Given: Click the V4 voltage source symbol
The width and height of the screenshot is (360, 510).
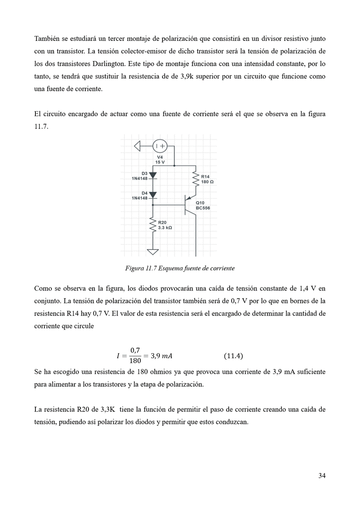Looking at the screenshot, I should pos(160,146).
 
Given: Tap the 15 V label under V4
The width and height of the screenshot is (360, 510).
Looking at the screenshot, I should pos(160,162).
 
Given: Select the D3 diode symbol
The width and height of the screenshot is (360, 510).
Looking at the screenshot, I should pos(153,175).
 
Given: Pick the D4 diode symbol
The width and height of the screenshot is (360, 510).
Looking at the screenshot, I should pos(153,195).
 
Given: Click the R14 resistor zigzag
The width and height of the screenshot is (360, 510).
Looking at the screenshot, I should pos(196,179).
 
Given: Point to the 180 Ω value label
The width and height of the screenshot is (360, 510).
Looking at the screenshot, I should pos(207,182).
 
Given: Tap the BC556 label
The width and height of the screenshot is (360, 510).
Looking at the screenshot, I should pos(203,208).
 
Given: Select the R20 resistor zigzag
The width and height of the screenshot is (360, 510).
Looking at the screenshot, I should pos(153,225).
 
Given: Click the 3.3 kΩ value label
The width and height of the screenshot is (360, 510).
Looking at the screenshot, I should pos(165,228).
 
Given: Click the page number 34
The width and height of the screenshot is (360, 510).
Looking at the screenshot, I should pos(322,475).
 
